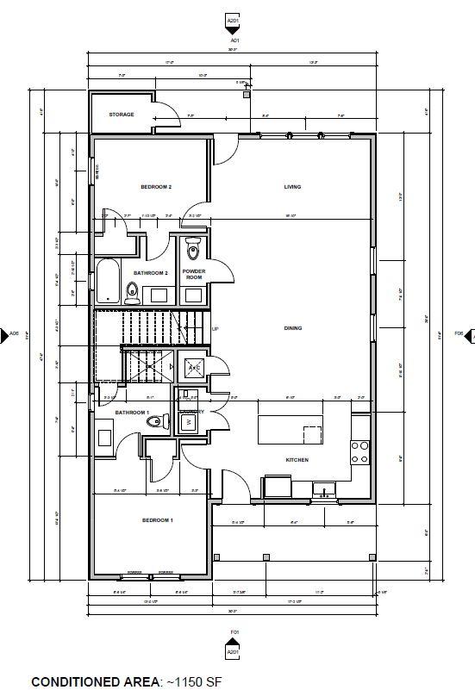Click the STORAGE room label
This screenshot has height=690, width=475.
coord(122,115)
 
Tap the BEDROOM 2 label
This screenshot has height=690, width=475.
coord(157,187)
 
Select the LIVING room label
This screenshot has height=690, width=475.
coord(292,187)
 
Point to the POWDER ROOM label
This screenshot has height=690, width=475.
coord(193,275)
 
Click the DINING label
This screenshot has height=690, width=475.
coord(292,328)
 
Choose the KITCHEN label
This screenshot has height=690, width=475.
coord(297,460)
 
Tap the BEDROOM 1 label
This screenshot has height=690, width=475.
coord(157,520)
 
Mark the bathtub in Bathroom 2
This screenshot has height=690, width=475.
coord(107,281)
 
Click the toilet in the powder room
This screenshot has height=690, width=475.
coord(192,251)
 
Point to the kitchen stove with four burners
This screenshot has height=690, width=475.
coord(359,451)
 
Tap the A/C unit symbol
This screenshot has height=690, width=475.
coord(195,368)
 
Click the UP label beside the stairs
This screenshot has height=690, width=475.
coord(215,329)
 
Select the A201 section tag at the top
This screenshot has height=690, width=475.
coord(232,20)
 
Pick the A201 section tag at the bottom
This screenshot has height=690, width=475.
coord(232,653)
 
